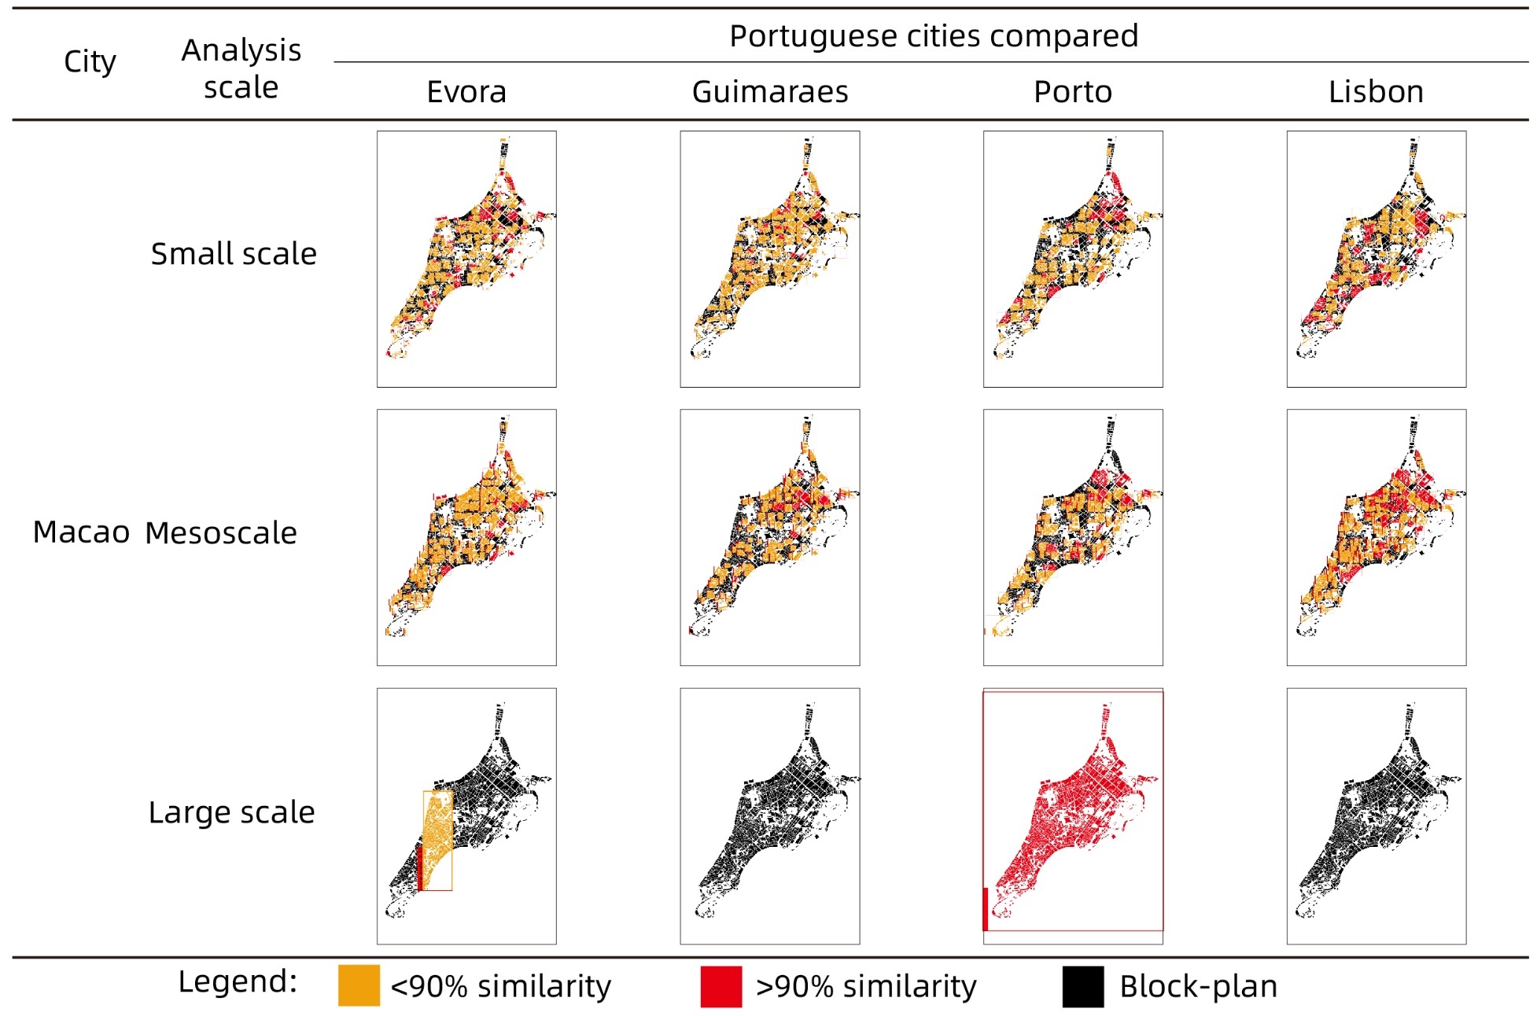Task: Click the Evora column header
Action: point(466,92)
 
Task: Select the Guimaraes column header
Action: point(769,92)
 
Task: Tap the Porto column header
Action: point(1072,92)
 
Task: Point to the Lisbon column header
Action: point(1376,92)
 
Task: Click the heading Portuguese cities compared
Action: point(933,36)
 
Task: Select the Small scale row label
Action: point(234,254)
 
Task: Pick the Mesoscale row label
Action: point(221,533)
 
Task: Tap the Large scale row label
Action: point(231,812)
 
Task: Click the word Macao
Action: point(81,532)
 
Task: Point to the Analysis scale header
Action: point(241,68)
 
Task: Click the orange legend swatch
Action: point(359,986)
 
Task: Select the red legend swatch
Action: point(721,986)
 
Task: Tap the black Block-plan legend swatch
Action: point(1082,986)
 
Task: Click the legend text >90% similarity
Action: point(865,986)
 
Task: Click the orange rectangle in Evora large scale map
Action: point(437,834)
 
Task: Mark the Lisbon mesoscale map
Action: point(1376,537)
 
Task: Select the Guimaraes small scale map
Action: point(769,259)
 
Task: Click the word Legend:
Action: point(238,981)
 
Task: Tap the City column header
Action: point(90,61)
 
